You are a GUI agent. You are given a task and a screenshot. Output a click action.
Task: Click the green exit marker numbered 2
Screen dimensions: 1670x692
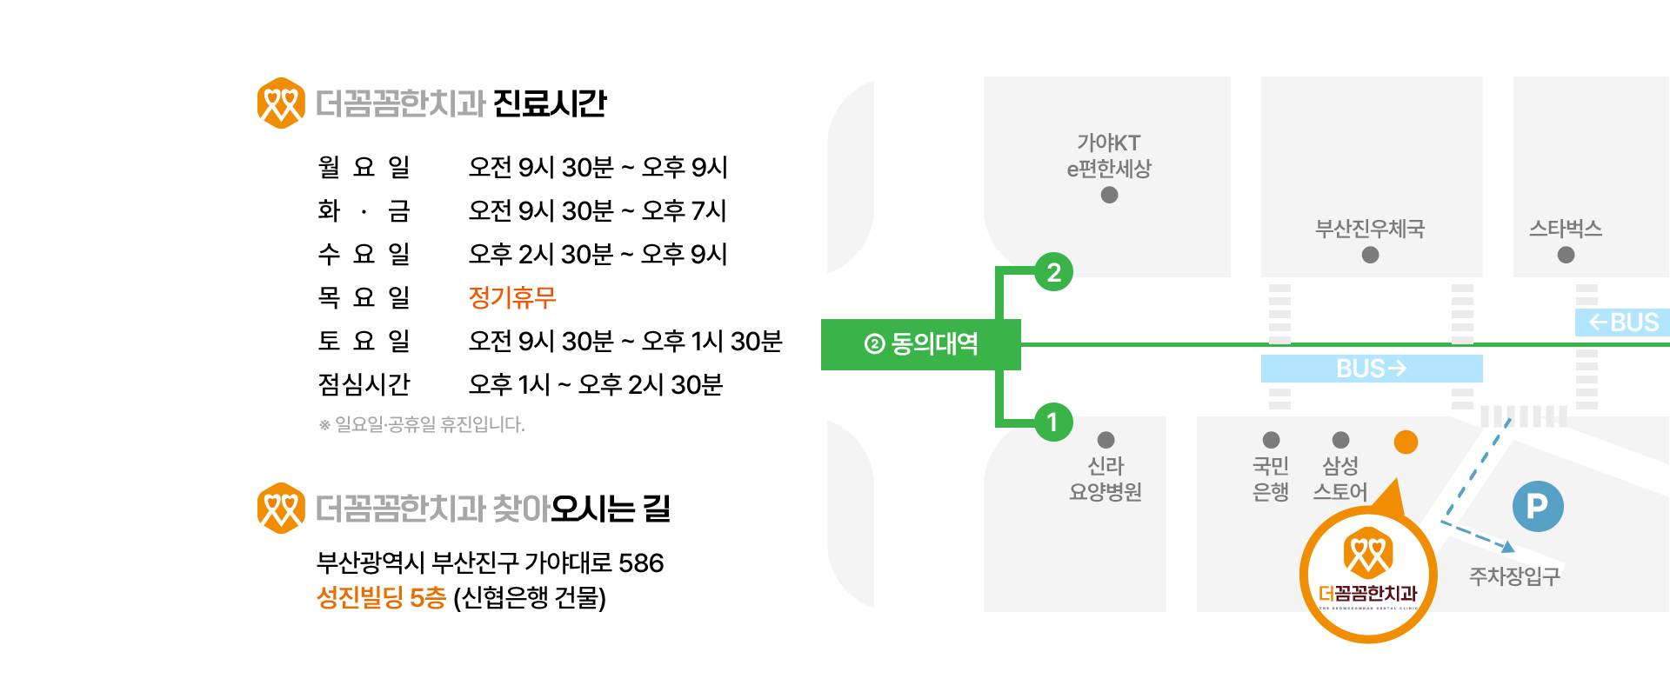coord(1053,272)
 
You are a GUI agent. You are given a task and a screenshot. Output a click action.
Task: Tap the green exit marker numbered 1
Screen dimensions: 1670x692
coord(1053,423)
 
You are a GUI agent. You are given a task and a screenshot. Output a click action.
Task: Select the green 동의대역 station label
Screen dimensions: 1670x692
coord(921,344)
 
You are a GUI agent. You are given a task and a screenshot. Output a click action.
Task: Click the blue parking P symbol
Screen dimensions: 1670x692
coord(1538,506)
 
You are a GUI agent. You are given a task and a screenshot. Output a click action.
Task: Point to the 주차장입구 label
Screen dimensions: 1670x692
coord(1514,576)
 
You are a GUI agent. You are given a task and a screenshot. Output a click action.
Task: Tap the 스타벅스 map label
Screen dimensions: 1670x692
coord(1566,229)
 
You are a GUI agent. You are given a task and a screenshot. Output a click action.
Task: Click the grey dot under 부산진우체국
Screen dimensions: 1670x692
coord(1370,255)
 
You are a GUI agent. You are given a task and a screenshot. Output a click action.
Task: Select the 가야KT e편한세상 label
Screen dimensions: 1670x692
coord(1109,156)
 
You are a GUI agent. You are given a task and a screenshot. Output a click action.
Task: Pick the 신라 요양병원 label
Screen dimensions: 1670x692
coord(1106,479)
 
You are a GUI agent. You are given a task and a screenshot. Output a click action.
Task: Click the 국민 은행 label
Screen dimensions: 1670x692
coord(1271,479)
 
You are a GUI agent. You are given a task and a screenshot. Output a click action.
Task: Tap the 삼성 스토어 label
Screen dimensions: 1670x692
coord(1340,479)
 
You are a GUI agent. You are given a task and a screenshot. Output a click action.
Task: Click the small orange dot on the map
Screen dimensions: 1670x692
coord(1406,442)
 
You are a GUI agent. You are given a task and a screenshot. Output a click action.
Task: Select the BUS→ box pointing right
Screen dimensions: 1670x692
coord(1372,369)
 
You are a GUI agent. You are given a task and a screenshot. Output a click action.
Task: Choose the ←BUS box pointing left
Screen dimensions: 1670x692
coord(1623,323)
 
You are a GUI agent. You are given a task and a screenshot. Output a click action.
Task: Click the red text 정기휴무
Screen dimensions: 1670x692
coord(512,297)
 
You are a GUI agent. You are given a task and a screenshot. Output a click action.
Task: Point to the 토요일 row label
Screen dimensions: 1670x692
coord(364,341)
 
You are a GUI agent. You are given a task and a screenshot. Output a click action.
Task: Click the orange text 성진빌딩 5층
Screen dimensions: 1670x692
coord(381,597)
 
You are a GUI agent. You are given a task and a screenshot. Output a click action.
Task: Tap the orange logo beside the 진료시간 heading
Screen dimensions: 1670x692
coord(281,103)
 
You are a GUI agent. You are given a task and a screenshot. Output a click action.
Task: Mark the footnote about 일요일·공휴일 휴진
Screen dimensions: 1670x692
coord(422,424)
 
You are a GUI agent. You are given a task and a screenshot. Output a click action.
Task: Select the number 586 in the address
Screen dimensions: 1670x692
coord(641,563)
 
